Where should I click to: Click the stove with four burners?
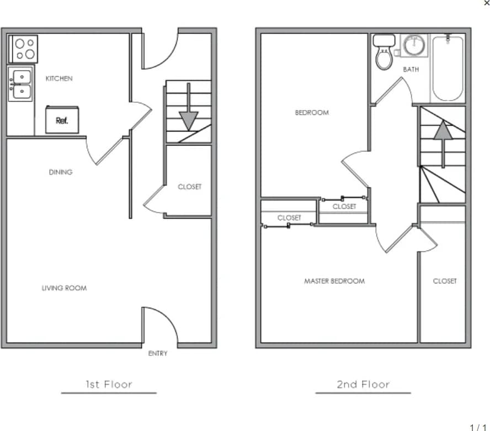[x=23, y=49]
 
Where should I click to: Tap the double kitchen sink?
[x=21, y=83]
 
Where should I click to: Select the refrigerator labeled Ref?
[x=62, y=120]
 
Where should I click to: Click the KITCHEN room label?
[x=59, y=78]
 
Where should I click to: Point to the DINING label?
[x=61, y=172]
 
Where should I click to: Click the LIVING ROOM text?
[x=65, y=288]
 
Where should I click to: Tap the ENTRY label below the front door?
[x=158, y=354]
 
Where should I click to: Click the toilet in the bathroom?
[x=384, y=52]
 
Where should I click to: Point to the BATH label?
[x=411, y=70]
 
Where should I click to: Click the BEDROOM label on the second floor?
[x=312, y=112]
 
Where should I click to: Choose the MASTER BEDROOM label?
[x=334, y=281]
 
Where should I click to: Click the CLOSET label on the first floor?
[x=189, y=187]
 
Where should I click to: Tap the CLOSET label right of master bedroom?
[x=445, y=281]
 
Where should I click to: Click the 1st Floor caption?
[x=109, y=384]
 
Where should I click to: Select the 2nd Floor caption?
[x=363, y=384]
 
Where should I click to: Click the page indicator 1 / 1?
[x=478, y=427]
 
